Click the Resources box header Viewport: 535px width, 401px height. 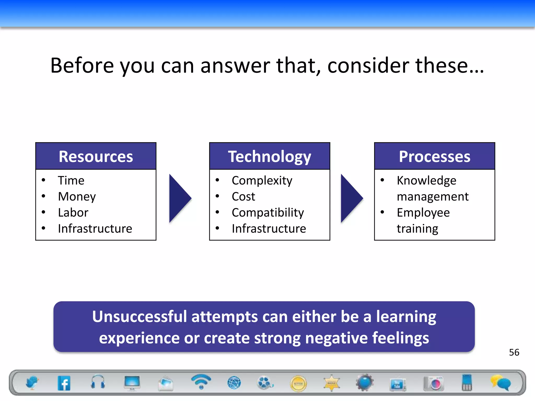[x=96, y=156]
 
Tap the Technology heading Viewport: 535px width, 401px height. [x=269, y=157]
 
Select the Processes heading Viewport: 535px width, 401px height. [x=434, y=157]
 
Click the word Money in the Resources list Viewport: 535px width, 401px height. [x=77, y=197]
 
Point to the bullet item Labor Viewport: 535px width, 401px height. [x=73, y=213]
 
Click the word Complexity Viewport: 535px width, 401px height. [x=262, y=181]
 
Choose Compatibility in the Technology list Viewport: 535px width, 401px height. [x=268, y=213]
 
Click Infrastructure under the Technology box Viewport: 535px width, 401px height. [x=269, y=229]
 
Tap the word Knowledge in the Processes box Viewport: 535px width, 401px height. [x=426, y=181]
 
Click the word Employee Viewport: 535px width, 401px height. [x=423, y=213]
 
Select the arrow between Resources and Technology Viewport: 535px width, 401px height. [x=180, y=198]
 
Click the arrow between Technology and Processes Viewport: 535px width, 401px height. [x=351, y=198]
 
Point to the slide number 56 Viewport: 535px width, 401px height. [x=514, y=352]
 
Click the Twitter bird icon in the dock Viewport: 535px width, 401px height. [x=32, y=383]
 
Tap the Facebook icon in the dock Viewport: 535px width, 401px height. [x=64, y=383]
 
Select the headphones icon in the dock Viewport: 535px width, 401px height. [x=98, y=382]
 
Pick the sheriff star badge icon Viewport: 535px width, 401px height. [x=332, y=383]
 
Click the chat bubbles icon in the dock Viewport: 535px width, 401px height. [x=501, y=383]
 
